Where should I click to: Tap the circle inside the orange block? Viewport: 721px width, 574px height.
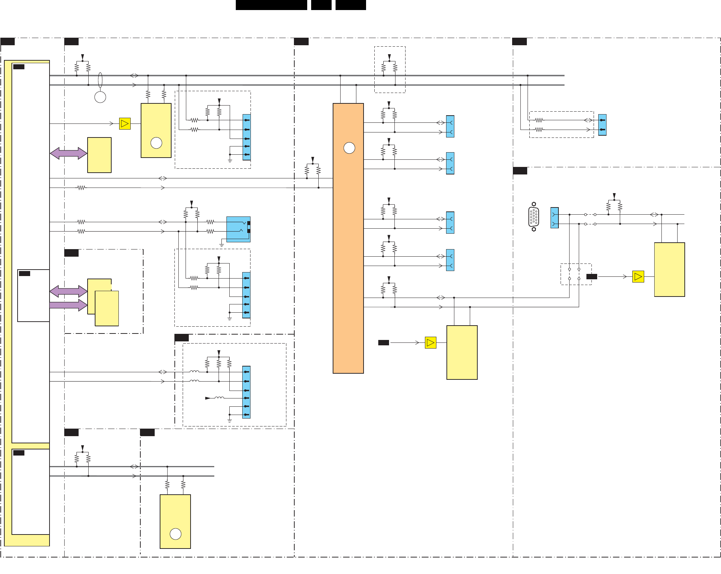pos(349,148)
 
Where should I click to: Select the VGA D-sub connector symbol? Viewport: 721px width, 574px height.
pos(534,217)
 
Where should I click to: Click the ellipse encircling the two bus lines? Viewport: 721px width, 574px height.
pos(100,80)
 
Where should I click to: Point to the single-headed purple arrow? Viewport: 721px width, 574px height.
pos(68,305)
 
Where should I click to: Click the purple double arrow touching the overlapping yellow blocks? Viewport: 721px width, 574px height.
pos(68,291)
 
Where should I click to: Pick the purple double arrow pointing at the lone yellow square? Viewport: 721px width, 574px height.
pos(68,153)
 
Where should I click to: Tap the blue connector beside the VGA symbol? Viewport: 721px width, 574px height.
pos(554,218)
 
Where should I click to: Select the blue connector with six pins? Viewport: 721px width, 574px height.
pos(247,392)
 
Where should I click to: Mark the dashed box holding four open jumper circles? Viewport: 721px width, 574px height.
pos(576,274)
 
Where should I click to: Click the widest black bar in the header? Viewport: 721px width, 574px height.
pos(271,5)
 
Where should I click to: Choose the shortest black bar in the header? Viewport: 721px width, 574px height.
pos(321,5)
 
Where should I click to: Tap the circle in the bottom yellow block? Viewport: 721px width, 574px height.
pos(175,534)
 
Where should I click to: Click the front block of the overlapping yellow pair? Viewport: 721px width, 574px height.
pos(107,309)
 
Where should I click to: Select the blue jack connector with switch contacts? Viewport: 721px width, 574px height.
pos(238,229)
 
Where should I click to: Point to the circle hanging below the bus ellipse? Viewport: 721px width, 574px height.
pos(100,97)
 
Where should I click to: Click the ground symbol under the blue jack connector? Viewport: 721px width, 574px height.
pos(222,245)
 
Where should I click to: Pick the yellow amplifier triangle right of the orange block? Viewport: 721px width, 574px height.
pos(430,343)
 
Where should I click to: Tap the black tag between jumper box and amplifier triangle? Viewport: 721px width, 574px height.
pos(591,276)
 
